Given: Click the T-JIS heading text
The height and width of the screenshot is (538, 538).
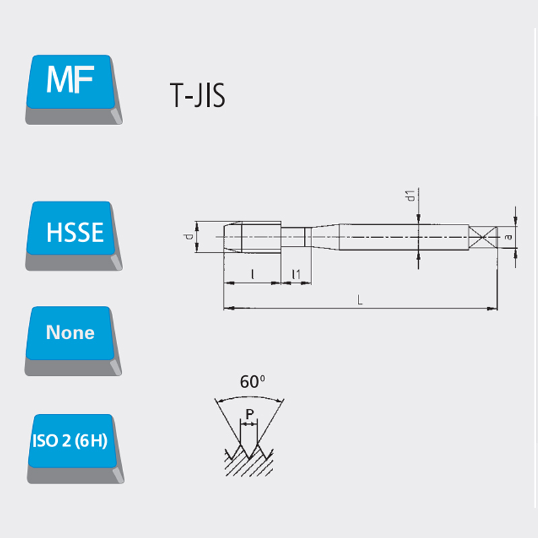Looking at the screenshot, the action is coord(198,95).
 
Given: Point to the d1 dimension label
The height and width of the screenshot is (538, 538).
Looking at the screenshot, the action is coord(410,196).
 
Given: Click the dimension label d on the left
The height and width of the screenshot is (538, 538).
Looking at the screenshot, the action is coord(188,237).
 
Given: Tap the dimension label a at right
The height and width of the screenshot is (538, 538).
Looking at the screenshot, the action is coord(508,237).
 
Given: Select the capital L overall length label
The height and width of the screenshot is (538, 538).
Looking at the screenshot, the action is coord(360,300).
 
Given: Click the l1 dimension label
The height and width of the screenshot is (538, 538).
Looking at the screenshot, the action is coord(296,274).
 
